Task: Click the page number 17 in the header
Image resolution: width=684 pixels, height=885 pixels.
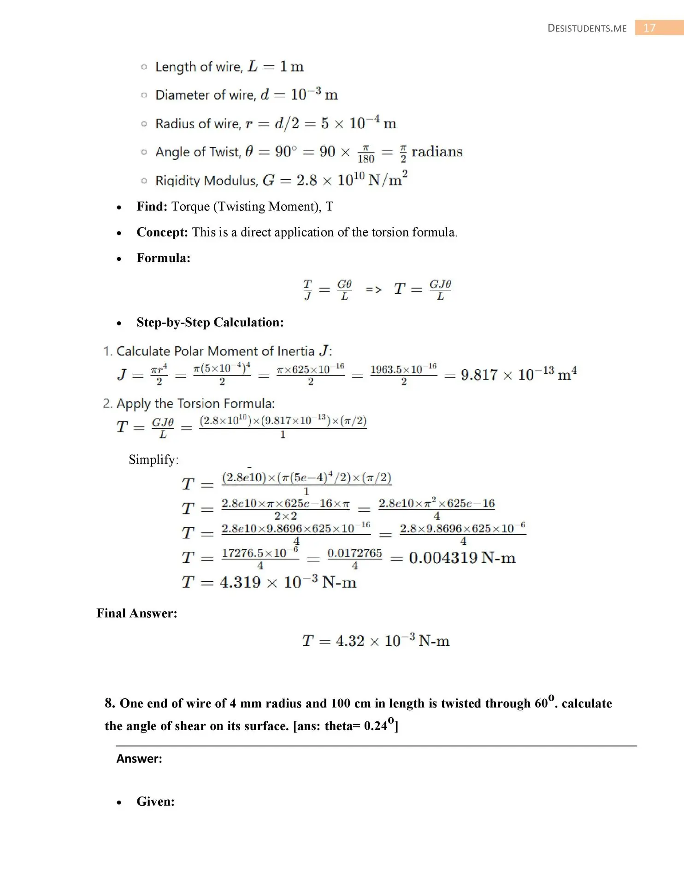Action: [649, 28]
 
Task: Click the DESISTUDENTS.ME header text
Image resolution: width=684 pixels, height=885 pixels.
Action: [587, 29]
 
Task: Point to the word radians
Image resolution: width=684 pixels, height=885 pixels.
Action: [436, 152]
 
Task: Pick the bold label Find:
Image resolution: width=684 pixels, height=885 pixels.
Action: [152, 206]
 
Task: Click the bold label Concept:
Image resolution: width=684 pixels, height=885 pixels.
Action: [162, 232]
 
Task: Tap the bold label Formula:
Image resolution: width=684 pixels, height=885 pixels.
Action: [163, 258]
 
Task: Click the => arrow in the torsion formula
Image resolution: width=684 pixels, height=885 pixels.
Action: [373, 290]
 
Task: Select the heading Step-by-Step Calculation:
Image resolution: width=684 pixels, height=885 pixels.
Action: [210, 323]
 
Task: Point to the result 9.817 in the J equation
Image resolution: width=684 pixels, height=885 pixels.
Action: [479, 375]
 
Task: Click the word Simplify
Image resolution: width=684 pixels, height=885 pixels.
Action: [153, 460]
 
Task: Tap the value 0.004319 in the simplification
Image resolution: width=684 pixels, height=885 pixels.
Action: [443, 558]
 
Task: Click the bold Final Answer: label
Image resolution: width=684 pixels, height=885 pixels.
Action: [137, 614]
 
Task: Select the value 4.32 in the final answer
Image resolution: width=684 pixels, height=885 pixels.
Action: [350, 641]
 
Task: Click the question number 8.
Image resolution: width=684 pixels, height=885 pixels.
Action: [110, 703]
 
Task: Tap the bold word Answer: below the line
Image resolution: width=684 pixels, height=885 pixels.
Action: [139, 759]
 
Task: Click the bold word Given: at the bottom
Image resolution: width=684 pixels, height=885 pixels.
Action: [155, 802]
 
